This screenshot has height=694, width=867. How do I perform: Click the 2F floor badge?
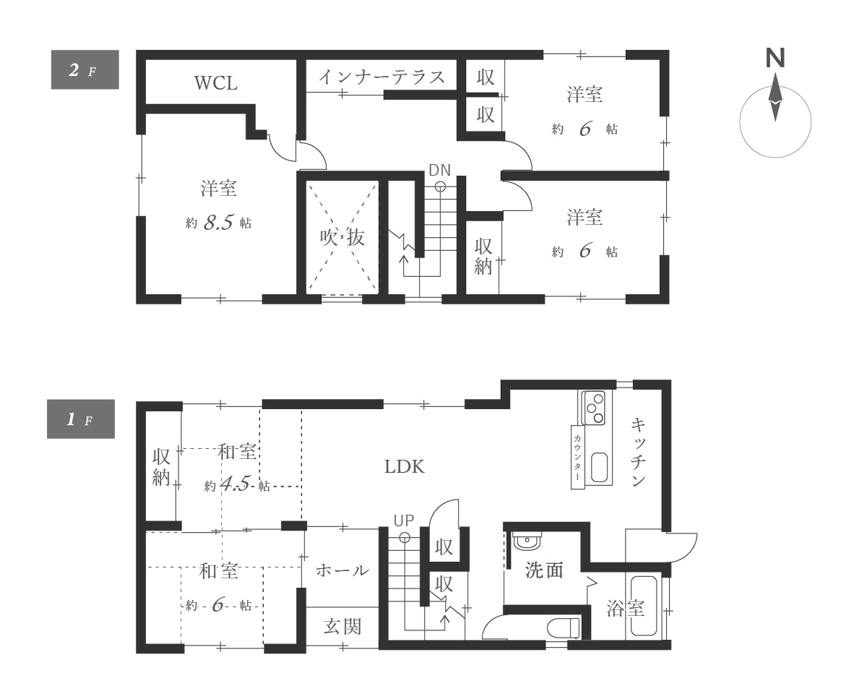pyautogui.click(x=85, y=70)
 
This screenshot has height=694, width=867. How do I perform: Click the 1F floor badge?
pyautogui.click(x=81, y=419)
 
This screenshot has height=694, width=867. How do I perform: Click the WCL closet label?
pyautogui.click(x=216, y=83)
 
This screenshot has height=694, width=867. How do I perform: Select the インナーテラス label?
pyautogui.click(x=382, y=77)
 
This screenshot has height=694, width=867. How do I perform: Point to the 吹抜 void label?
pyautogui.click(x=342, y=237)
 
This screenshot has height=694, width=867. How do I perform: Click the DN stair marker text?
pyautogui.click(x=439, y=170)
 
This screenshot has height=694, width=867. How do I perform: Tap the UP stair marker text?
pyautogui.click(x=404, y=520)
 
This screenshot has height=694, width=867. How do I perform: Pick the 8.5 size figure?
pyautogui.click(x=219, y=222)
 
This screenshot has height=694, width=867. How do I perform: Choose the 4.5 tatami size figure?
pyautogui.click(x=236, y=484)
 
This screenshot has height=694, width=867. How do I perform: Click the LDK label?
pyautogui.click(x=405, y=466)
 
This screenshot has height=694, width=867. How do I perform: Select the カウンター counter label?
pyautogui.click(x=578, y=458)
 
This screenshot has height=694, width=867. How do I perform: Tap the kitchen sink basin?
pyautogui.click(x=599, y=467)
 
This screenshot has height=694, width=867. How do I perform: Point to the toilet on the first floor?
pyautogui.click(x=564, y=628)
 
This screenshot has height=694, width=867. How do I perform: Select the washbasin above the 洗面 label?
pyautogui.click(x=527, y=540)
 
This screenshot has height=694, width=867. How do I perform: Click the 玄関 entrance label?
pyautogui.click(x=342, y=627)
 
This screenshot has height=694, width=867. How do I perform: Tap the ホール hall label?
pyautogui.click(x=342, y=570)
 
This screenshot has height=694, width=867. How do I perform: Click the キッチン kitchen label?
pyautogui.click(x=639, y=453)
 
